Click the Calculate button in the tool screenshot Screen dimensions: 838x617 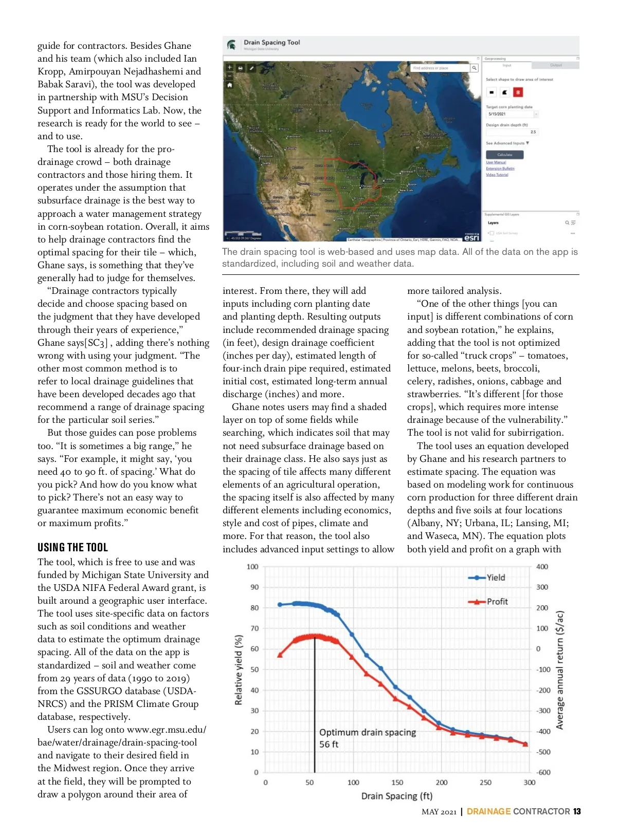(504, 155)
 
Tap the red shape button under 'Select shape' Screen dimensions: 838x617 (518, 92)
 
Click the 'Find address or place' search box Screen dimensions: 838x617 (441, 68)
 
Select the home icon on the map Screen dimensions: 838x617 (229, 85)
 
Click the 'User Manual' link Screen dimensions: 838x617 (496, 162)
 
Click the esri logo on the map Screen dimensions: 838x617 (471, 237)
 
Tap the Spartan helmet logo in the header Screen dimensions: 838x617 (232, 45)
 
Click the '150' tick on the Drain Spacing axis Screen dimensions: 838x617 (397, 783)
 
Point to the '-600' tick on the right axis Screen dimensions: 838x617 (543, 772)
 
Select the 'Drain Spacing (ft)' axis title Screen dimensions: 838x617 (396, 796)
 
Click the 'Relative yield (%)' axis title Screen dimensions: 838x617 (239, 669)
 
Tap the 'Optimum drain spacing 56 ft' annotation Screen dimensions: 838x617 (367, 738)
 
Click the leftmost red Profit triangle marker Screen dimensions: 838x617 (280, 655)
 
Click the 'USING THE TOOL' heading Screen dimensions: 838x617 (72, 547)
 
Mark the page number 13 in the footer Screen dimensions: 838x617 (577, 811)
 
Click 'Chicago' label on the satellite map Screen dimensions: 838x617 (367, 186)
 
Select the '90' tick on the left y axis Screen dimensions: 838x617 (255, 587)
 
